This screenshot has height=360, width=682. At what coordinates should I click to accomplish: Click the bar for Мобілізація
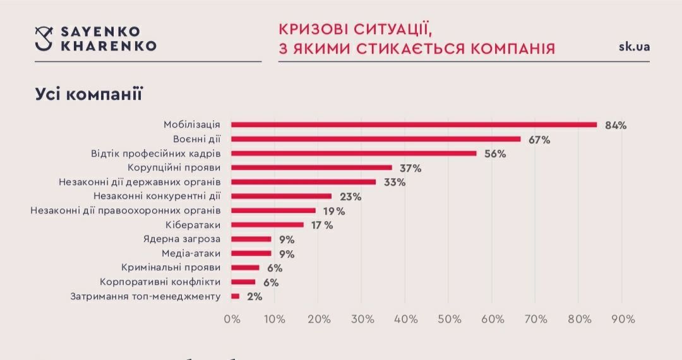(414, 124)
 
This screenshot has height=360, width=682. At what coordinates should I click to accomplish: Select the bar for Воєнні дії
(376, 139)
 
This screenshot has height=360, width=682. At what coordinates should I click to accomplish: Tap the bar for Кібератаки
(267, 225)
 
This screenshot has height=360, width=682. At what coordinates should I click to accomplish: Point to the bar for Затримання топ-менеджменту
(236, 296)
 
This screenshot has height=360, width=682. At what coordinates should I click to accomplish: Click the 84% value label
(615, 125)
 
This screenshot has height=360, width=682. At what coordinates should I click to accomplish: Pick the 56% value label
(495, 153)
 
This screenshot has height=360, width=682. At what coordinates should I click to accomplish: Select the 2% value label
(254, 296)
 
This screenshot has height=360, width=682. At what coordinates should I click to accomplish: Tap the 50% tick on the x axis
(448, 319)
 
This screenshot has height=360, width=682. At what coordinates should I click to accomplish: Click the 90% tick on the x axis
(623, 319)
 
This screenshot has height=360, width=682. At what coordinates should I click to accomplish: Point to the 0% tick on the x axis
(232, 319)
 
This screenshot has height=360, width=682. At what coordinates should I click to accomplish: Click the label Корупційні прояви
(174, 168)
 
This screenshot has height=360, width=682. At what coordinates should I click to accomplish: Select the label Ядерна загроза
(182, 239)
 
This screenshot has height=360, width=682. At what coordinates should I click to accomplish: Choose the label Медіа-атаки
(191, 253)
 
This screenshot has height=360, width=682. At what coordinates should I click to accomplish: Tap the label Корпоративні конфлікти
(160, 282)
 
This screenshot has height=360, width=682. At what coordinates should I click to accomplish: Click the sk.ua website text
(634, 47)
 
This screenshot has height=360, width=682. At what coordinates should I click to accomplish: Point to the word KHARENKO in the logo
(108, 46)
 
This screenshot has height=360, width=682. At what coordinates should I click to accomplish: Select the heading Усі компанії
(88, 95)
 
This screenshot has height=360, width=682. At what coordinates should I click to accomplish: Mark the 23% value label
(350, 196)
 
